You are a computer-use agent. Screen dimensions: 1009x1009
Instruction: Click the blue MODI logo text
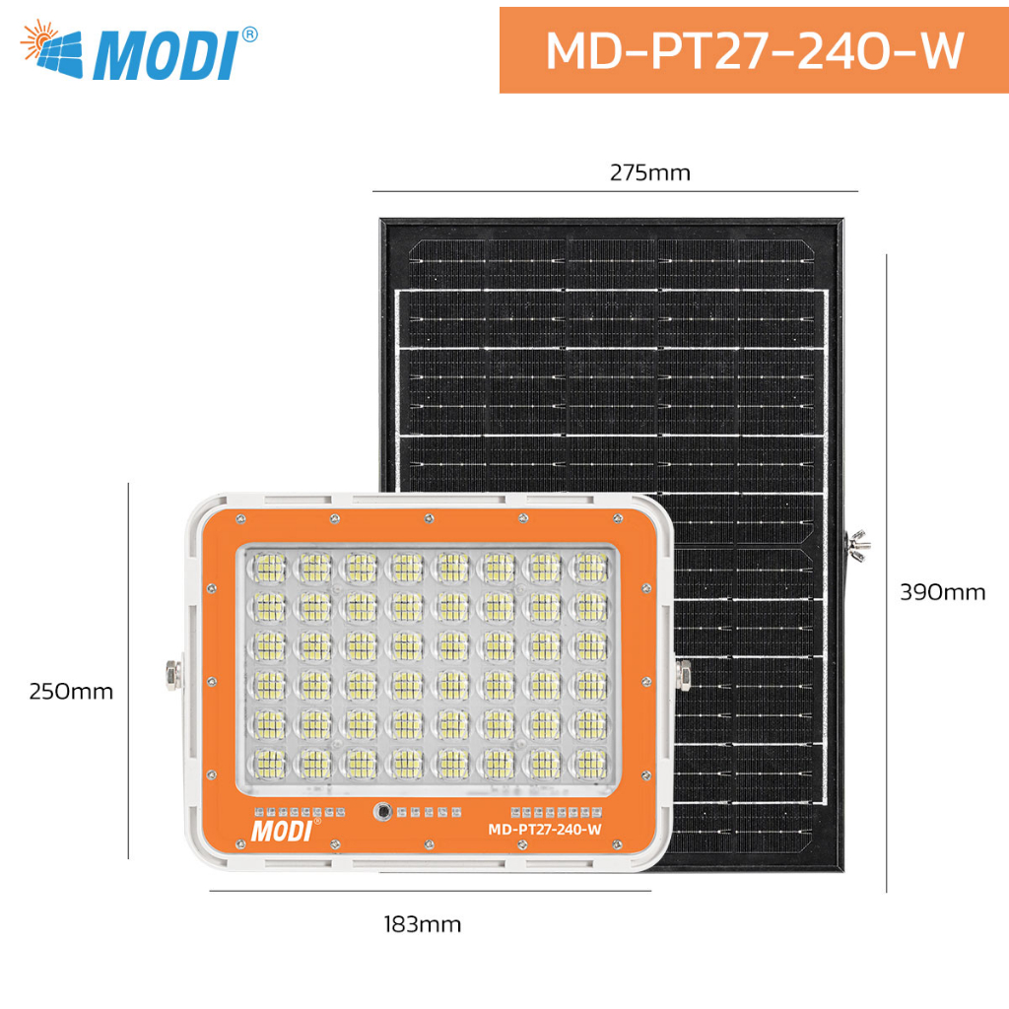[x=166, y=55]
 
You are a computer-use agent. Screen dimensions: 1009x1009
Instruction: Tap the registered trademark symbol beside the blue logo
[x=249, y=34]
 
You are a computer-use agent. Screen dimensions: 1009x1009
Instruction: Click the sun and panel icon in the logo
[x=51, y=49]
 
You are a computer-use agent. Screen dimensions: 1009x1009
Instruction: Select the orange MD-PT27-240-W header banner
[x=754, y=50]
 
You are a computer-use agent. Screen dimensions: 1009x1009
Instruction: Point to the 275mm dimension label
[x=650, y=173]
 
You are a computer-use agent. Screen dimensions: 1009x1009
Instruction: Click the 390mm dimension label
[x=942, y=592]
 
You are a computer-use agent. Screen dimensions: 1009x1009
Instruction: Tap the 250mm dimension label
[x=71, y=691]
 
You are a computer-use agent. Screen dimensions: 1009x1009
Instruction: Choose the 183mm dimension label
[x=423, y=924]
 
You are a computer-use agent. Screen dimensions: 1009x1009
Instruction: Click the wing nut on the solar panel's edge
[x=857, y=545]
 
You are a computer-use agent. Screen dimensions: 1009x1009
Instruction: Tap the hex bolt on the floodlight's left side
[x=173, y=675]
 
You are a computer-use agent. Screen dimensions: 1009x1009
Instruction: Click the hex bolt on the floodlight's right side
[x=683, y=675]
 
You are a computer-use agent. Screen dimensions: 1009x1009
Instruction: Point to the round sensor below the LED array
[x=383, y=812]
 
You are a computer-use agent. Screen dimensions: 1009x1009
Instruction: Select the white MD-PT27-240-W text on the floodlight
[x=544, y=830]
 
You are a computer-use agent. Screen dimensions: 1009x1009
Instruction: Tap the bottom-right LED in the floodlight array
[x=590, y=764]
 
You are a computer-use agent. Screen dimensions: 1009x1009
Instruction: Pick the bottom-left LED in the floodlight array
[x=268, y=764]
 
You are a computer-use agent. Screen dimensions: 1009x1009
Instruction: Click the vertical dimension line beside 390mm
[x=886, y=573]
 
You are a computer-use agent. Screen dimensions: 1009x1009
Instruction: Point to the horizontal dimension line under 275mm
[x=615, y=191]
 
